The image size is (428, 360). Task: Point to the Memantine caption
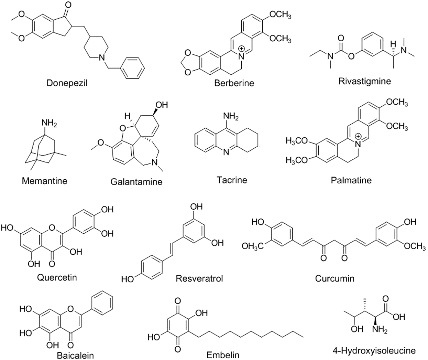point(45,180)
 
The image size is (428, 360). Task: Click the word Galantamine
point(136,181)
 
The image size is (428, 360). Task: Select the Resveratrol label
point(199,278)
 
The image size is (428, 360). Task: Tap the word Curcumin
point(334,278)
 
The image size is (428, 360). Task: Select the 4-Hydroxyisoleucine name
point(374,351)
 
